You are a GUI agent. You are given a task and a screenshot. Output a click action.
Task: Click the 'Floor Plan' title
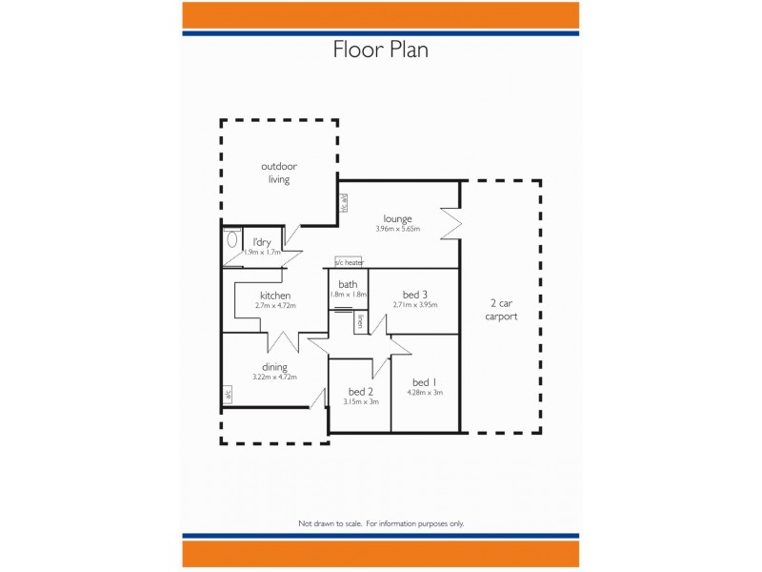(380, 50)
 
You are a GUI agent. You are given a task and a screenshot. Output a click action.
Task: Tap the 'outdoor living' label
(278, 173)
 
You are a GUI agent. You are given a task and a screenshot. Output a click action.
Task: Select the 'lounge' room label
(397, 218)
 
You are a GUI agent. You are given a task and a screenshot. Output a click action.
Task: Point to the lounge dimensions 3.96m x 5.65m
(397, 229)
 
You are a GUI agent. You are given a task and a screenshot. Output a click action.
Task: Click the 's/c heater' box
(349, 262)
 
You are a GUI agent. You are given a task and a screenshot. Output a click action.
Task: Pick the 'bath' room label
(348, 284)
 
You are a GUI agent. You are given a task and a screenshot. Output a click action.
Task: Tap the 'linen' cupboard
(360, 322)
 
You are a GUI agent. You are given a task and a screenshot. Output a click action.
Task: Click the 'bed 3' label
(414, 294)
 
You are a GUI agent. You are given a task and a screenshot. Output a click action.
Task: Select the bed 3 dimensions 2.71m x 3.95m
(414, 305)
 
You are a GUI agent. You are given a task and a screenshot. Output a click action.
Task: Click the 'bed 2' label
(360, 392)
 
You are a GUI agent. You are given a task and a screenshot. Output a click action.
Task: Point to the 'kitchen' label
(275, 296)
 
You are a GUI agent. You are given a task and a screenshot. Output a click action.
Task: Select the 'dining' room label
(275, 367)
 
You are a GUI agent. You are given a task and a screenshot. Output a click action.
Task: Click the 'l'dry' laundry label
(262, 242)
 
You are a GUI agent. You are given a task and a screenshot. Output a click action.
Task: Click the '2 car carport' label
(501, 310)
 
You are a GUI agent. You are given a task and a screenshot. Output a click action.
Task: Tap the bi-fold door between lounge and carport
(450, 224)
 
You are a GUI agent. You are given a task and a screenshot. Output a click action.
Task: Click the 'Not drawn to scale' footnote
(381, 523)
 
